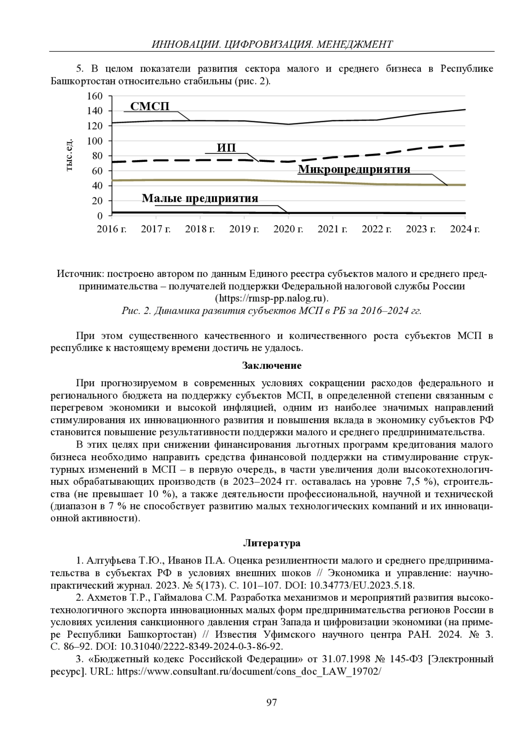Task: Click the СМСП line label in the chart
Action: [x=150, y=106]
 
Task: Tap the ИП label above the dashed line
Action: [x=227, y=147]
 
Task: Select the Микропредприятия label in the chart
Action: [x=354, y=169]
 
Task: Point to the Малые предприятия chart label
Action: [x=200, y=198]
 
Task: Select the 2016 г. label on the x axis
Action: [x=112, y=229]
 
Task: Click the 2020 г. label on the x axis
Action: [x=288, y=229]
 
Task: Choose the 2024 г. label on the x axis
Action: [x=465, y=229]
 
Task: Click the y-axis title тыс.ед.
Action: [x=69, y=156]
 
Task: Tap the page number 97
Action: [x=271, y=702]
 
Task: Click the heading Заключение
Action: [x=272, y=366]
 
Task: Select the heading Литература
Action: [x=272, y=543]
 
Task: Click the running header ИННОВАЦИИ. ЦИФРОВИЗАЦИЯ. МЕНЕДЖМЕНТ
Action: [x=272, y=44]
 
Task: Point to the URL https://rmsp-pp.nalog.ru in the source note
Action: [x=272, y=298]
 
